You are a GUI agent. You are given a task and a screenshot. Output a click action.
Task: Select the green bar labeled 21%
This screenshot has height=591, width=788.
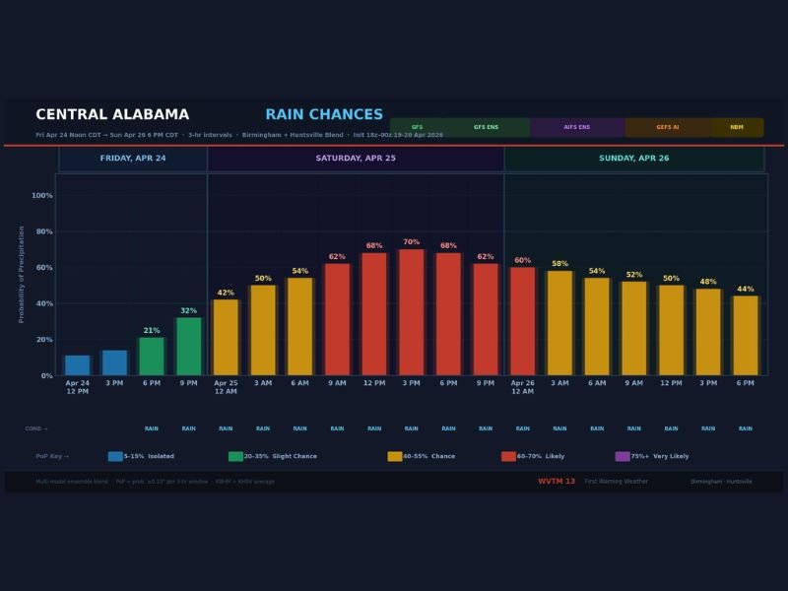(x=152, y=356)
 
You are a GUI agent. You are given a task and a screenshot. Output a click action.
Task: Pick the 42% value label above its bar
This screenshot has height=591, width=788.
(x=226, y=293)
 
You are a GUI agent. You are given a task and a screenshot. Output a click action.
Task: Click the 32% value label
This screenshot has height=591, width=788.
(x=188, y=310)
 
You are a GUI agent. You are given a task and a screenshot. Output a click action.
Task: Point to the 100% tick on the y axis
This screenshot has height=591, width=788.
(x=42, y=196)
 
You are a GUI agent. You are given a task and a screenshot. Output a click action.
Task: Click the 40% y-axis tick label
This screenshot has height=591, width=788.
(x=42, y=303)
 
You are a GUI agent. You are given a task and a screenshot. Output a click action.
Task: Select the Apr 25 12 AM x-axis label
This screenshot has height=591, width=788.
(x=226, y=386)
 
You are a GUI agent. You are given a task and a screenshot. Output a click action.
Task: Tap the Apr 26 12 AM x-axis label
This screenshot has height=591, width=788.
(x=522, y=386)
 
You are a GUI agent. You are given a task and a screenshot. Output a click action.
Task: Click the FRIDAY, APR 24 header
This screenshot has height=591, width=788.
(x=133, y=159)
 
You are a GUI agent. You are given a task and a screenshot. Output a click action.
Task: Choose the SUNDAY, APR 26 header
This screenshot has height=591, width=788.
(x=633, y=159)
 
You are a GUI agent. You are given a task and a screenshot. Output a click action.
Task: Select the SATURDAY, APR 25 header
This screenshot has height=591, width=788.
(x=356, y=159)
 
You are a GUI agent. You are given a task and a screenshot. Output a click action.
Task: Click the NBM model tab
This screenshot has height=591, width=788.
(x=737, y=127)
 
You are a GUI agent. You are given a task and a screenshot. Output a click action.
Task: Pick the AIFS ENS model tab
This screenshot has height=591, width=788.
(x=577, y=127)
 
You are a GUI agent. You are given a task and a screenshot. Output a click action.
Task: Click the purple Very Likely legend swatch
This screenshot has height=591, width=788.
(x=623, y=456)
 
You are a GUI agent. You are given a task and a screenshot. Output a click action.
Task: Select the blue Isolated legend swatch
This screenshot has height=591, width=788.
(x=115, y=456)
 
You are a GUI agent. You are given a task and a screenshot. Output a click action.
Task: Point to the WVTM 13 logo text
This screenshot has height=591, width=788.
(x=557, y=482)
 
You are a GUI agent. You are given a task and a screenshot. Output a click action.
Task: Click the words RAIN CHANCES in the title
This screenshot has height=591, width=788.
(x=324, y=115)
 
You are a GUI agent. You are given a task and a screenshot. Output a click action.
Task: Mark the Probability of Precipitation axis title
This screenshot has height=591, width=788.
(x=22, y=274)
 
